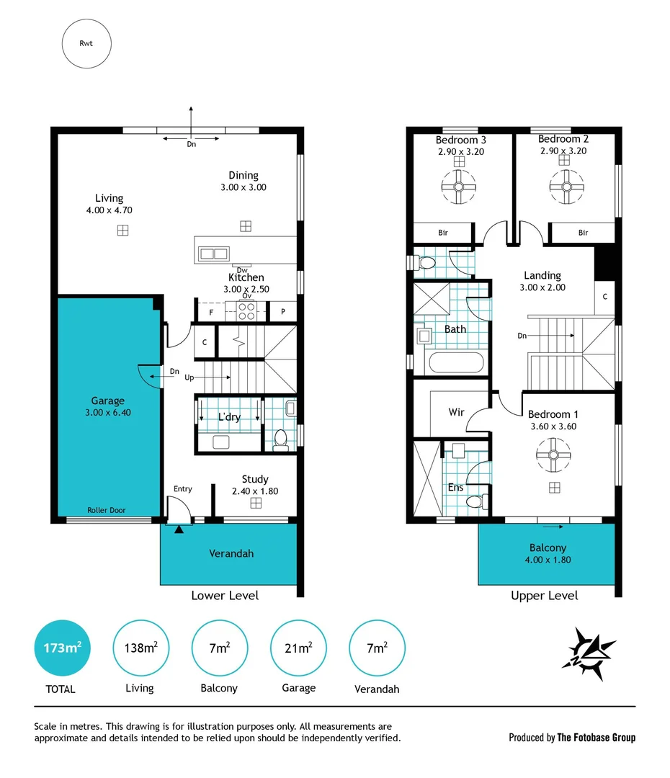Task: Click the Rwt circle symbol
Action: (86, 43)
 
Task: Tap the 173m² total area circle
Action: (63, 648)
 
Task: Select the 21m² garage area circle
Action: (298, 648)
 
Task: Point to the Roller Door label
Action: (106, 510)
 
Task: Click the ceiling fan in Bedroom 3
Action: (458, 189)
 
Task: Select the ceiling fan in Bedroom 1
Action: (554, 455)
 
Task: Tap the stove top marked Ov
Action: (246, 310)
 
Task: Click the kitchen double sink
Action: (214, 253)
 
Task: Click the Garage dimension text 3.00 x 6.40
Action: (107, 413)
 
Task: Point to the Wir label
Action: (456, 413)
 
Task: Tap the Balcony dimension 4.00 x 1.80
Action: (548, 560)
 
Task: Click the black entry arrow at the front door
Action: (179, 529)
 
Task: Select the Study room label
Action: (255, 479)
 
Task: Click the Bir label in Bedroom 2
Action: (583, 233)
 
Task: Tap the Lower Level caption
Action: (225, 596)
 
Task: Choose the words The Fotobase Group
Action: (597, 737)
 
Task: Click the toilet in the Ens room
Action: (475, 501)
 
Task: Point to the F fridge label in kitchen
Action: (211, 313)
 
